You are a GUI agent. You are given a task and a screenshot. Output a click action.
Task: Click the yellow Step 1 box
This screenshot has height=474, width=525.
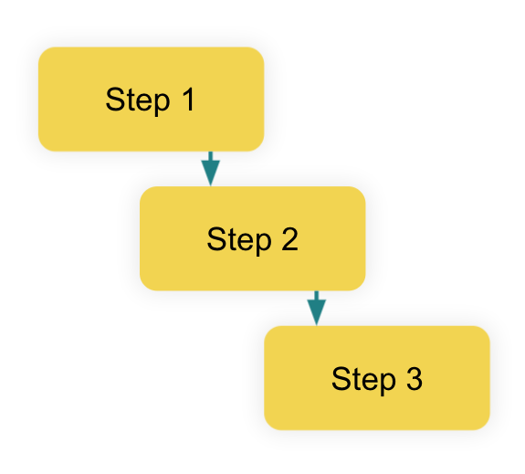point(151,100)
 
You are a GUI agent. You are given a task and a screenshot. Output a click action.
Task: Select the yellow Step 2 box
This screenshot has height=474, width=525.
point(252,238)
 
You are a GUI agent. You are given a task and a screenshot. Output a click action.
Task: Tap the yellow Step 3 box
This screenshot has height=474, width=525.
point(377,378)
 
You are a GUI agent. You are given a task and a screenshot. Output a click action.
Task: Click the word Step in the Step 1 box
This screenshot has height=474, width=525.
point(138,101)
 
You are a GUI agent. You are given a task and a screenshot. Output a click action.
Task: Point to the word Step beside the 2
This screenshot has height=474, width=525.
point(239,240)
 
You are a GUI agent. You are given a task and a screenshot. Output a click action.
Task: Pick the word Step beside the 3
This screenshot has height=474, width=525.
point(363,380)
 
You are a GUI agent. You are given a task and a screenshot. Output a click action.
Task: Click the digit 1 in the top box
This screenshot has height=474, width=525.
point(188,100)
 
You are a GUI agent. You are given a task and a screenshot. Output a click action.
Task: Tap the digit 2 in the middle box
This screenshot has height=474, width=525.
point(289,238)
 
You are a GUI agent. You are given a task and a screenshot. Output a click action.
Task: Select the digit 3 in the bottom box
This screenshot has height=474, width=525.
point(415,378)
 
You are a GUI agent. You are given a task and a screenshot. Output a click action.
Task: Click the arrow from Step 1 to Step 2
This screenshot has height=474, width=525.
point(211,169)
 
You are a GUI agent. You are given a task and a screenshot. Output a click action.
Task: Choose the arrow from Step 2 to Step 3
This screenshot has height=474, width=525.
point(317,308)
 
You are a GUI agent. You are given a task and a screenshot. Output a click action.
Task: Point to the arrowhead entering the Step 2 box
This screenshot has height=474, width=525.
point(211,174)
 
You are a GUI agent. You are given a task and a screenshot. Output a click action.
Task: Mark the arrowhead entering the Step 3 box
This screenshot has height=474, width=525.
point(317,312)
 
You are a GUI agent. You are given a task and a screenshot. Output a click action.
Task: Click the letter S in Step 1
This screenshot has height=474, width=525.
point(114,100)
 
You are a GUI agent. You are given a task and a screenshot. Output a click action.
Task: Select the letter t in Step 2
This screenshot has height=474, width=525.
point(229,239)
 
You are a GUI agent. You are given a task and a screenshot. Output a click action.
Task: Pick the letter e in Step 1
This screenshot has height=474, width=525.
point(143,102)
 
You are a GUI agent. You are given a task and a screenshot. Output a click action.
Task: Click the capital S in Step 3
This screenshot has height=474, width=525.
point(340,378)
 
